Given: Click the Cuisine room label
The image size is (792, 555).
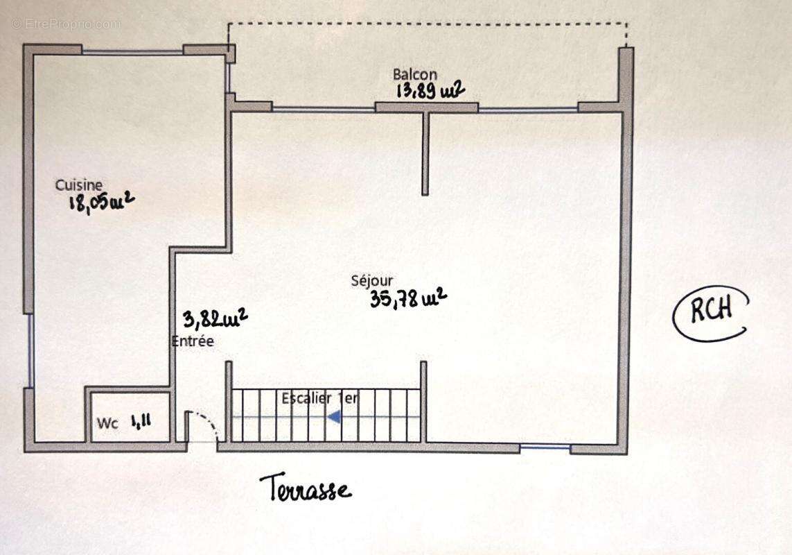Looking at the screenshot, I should tap(79, 185).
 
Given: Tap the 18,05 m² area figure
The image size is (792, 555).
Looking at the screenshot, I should tap(100, 202).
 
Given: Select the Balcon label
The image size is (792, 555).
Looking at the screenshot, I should tap(415, 74).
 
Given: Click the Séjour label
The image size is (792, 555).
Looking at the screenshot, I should tap(372, 281).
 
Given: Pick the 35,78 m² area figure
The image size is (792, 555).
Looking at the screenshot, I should tap(408, 298).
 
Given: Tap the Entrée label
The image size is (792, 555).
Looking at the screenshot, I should tap(193, 341).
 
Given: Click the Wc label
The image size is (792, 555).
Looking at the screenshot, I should tap(107, 422).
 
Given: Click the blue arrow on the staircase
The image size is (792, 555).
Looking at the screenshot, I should tap(334, 417).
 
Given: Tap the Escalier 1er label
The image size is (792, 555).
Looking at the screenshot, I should tap(319, 399).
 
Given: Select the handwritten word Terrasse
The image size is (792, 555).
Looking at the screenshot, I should tap(305, 488).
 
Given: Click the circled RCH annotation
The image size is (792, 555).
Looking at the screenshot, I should tap(711, 311).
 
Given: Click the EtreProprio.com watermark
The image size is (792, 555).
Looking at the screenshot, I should tap(66, 24).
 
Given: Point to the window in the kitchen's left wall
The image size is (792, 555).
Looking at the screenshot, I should tap(30, 350).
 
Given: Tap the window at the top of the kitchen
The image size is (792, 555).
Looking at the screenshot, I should tap(132, 51).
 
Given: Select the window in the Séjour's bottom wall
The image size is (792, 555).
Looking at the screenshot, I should tap(545, 447).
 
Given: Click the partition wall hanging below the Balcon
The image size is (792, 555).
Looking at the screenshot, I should tap(425, 153).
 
